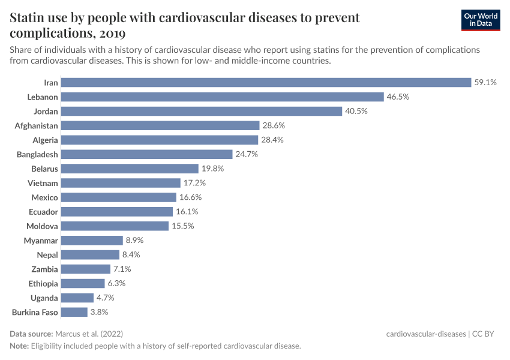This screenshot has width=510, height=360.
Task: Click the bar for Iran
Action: tap(266, 82)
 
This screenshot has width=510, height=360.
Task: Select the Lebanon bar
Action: tap(222, 97)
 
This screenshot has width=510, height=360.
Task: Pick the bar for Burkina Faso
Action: tap(74, 312)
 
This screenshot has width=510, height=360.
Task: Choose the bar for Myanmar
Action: tap(92, 241)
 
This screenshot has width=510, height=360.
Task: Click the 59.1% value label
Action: tap(485, 82)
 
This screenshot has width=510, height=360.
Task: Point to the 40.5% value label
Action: tap(356, 111)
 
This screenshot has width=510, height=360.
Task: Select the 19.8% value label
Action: tap(212, 169)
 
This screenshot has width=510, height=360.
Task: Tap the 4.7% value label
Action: tap(105, 298)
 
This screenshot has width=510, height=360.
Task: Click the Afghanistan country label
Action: tap(37, 125)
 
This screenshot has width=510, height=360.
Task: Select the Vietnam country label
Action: tap(43, 183)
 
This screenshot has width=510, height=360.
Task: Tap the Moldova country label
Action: tap(42, 226)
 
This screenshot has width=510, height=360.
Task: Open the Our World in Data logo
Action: tap(481, 20)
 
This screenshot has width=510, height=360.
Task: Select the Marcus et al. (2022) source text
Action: tap(89, 334)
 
